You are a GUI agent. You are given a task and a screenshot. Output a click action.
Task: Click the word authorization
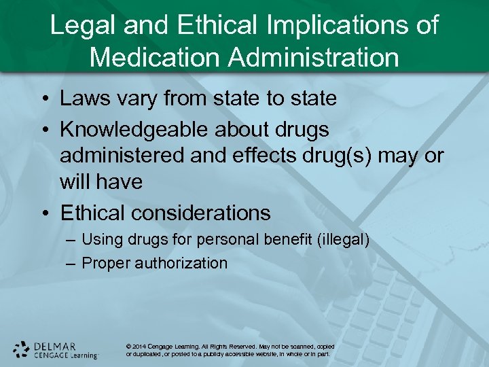pos(184,263)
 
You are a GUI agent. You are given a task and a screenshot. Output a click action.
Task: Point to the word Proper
pos(107,263)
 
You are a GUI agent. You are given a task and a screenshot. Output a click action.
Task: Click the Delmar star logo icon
pos(21,349)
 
